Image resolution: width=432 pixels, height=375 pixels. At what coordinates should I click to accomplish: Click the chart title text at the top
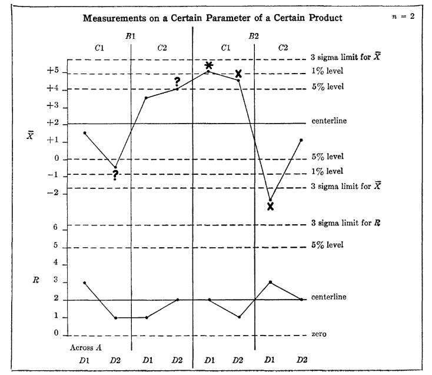point(212,18)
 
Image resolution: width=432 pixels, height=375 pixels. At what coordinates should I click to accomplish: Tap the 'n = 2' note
point(404,16)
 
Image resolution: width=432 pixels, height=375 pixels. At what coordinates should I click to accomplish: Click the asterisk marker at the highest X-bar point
point(208,65)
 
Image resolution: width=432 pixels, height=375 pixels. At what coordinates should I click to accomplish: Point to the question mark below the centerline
point(115,175)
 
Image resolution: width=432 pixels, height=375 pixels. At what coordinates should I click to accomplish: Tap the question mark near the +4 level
point(177,81)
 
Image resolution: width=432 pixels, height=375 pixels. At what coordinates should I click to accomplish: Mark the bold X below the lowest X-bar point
point(270,206)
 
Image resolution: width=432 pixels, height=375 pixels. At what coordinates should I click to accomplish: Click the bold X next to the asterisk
point(238,74)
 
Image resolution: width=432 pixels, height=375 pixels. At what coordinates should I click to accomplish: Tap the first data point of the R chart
point(85,283)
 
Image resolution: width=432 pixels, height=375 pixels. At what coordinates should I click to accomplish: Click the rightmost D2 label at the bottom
point(301,359)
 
